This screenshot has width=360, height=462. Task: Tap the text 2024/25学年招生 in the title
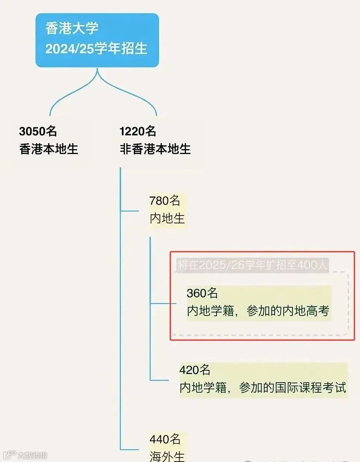click(x=96, y=48)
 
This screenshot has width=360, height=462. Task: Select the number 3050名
click(x=38, y=131)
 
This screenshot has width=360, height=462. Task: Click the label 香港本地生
click(x=49, y=149)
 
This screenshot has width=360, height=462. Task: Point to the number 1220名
click(x=138, y=131)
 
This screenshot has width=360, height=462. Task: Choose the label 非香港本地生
click(x=155, y=149)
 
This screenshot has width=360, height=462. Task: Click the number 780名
click(x=165, y=201)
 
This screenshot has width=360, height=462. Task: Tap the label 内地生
click(x=167, y=219)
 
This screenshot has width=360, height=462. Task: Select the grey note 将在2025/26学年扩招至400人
click(x=253, y=265)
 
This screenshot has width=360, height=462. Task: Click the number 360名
click(x=202, y=293)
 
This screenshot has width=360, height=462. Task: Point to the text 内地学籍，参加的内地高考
click(x=258, y=311)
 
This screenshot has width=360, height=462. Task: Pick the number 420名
click(x=195, y=370)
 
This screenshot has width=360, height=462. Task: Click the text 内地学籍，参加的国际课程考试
click(x=263, y=388)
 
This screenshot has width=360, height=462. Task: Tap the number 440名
click(x=165, y=439)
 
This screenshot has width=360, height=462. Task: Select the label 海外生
click(x=167, y=456)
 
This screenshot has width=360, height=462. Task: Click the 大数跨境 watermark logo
click(x=25, y=455)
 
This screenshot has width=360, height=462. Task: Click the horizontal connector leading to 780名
click(x=130, y=211)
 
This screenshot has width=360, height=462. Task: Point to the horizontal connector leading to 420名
click(x=160, y=380)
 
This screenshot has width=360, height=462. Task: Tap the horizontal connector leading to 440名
click(x=130, y=449)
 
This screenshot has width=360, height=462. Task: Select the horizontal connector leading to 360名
click(x=163, y=304)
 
